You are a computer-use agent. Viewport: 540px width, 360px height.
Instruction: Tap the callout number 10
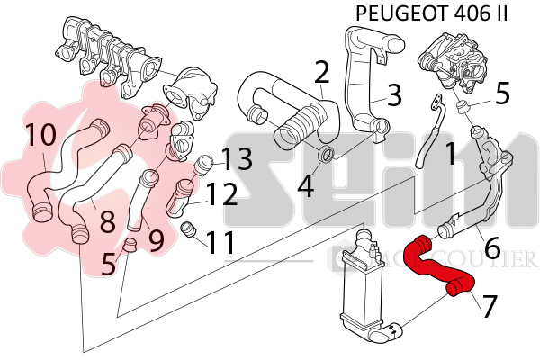pyautogui.click(x=40, y=135)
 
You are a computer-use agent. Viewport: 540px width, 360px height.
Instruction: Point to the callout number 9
pyautogui.click(x=155, y=239)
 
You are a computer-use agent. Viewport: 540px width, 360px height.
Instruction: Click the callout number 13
pyautogui.click(x=238, y=159)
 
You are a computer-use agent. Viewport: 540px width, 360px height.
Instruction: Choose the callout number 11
pyautogui.click(x=220, y=241)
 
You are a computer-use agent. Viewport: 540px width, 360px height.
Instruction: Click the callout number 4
pyautogui.click(x=306, y=186)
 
